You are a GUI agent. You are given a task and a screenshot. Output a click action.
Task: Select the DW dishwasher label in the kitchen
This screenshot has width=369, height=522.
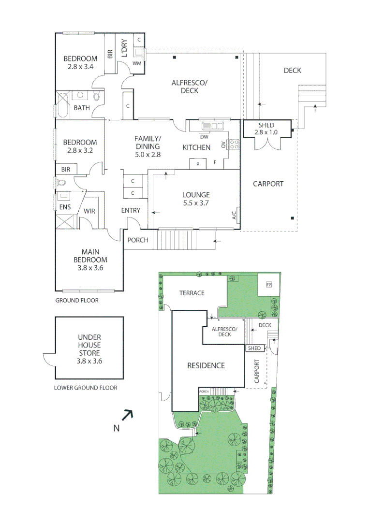(x=204, y=136)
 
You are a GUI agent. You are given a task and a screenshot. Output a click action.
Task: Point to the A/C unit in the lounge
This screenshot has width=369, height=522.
(x=235, y=215)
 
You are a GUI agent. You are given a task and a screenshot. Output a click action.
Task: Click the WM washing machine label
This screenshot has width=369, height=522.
(x=137, y=63)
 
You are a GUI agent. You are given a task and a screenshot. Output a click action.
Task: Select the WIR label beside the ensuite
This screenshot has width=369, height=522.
(x=89, y=211)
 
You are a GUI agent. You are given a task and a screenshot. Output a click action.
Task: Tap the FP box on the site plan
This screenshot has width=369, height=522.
(x=268, y=285)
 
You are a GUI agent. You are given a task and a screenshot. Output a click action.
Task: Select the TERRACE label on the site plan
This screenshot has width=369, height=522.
(x=192, y=293)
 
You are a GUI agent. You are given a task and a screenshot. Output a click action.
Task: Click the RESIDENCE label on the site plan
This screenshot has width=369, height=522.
(x=206, y=365)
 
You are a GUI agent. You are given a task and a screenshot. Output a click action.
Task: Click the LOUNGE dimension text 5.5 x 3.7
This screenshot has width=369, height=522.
(x=196, y=203)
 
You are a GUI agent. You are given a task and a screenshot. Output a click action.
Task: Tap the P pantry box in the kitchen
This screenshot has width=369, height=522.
(x=198, y=164)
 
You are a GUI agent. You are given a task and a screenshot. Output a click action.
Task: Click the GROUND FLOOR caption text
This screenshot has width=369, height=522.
(x=77, y=300)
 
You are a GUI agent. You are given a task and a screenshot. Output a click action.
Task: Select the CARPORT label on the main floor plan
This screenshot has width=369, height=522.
(x=268, y=184)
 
